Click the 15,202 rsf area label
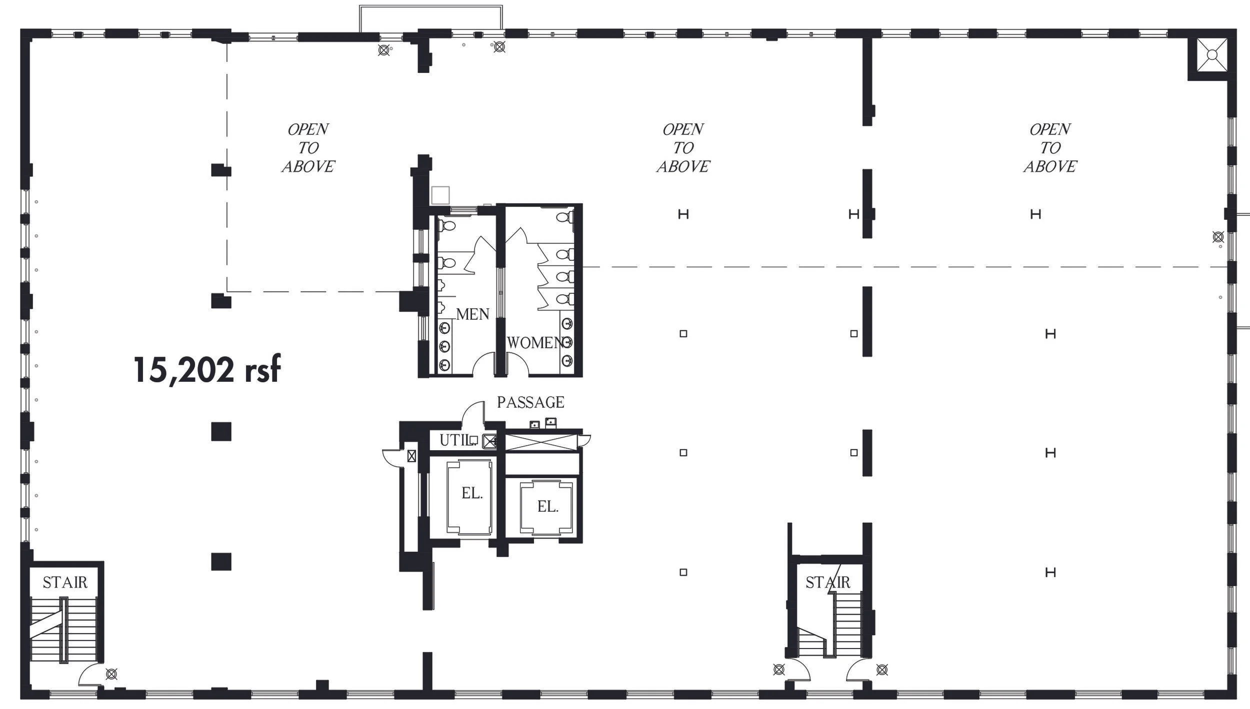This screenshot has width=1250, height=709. click(207, 370)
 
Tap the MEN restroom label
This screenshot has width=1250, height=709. click(472, 314)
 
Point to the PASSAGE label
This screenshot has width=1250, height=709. click(530, 402)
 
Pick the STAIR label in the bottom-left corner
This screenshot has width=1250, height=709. click(65, 582)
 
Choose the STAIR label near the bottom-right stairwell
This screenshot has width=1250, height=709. click(827, 582)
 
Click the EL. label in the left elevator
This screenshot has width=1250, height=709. click(472, 494)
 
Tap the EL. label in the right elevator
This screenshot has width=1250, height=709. click(547, 507)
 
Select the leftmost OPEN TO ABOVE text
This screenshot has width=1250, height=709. click(308, 148)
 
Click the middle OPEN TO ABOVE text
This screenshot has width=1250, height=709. click(683, 148)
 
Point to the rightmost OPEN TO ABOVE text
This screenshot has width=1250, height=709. click(1050, 148)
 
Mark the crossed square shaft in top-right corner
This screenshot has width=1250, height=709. click(1212, 55)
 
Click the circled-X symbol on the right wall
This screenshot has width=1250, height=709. click(1218, 237)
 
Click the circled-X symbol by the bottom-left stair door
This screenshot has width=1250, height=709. click(111, 675)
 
